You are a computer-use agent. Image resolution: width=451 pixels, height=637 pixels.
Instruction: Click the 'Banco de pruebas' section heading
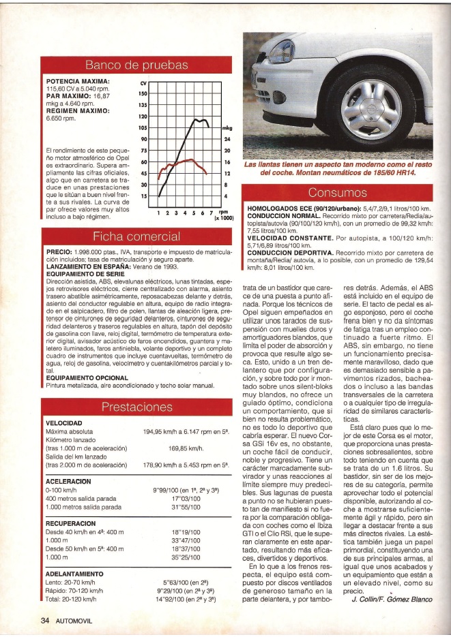point(135,65)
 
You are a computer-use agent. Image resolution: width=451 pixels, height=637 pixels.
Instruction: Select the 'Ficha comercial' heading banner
point(135,237)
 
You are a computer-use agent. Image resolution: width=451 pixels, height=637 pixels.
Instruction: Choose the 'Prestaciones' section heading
point(135,408)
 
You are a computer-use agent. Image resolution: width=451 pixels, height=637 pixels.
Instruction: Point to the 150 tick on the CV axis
point(143,93)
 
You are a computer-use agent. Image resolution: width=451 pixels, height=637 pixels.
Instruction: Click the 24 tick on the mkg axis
point(227,139)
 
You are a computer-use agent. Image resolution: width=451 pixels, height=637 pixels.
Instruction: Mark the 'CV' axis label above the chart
point(143,81)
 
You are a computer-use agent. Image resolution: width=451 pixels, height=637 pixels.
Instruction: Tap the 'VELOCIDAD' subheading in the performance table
point(63,423)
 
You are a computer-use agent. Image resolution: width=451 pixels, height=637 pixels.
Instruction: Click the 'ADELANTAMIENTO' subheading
point(74,574)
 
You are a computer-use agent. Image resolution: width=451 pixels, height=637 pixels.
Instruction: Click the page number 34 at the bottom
point(44,621)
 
